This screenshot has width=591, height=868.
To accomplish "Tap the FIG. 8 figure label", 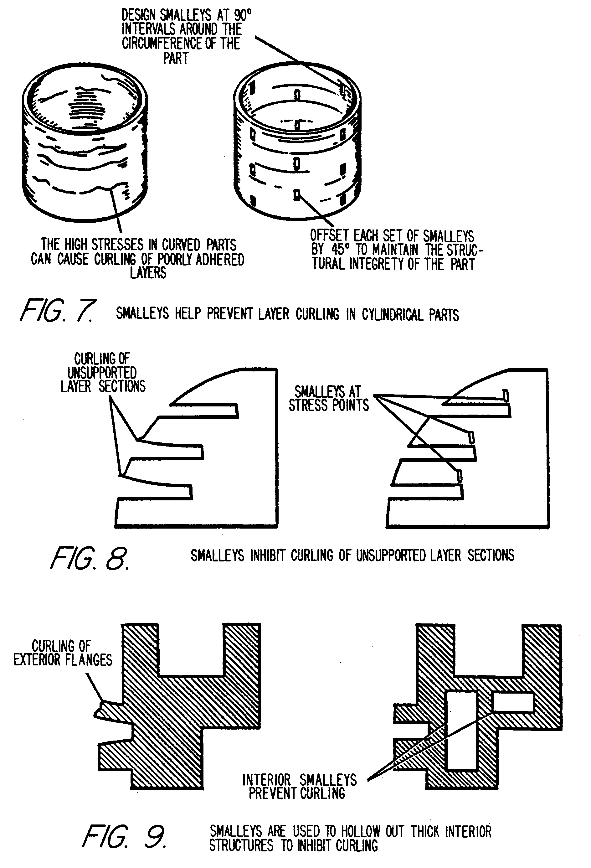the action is [90, 558].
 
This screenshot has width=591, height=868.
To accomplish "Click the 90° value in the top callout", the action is [243, 15].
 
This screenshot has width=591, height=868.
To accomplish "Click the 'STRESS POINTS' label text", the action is [329, 405].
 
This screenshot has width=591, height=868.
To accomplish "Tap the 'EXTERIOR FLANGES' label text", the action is [63, 660].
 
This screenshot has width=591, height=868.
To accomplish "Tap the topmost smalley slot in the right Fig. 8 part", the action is [506, 395].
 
